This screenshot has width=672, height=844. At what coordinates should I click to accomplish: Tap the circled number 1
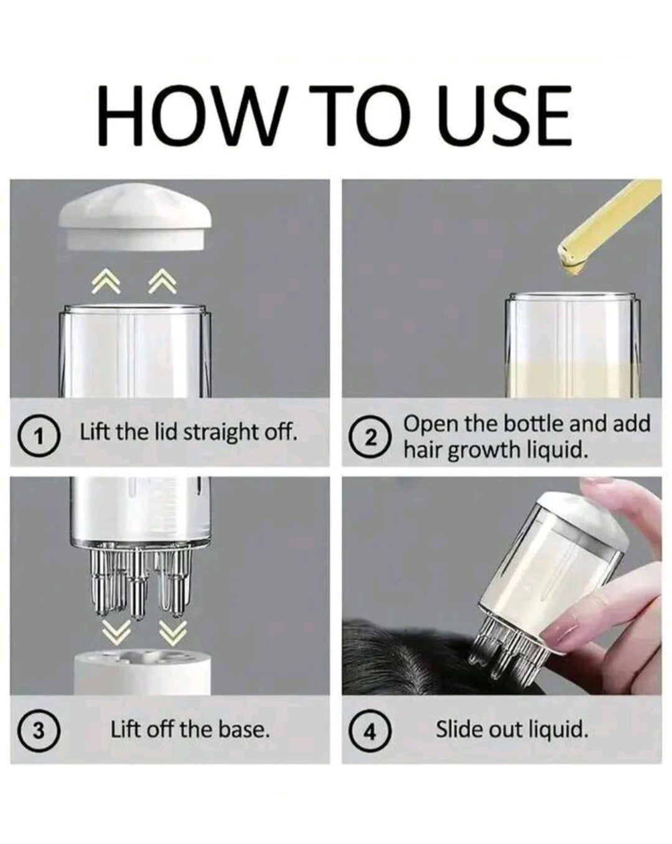pyautogui.click(x=38, y=438)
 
